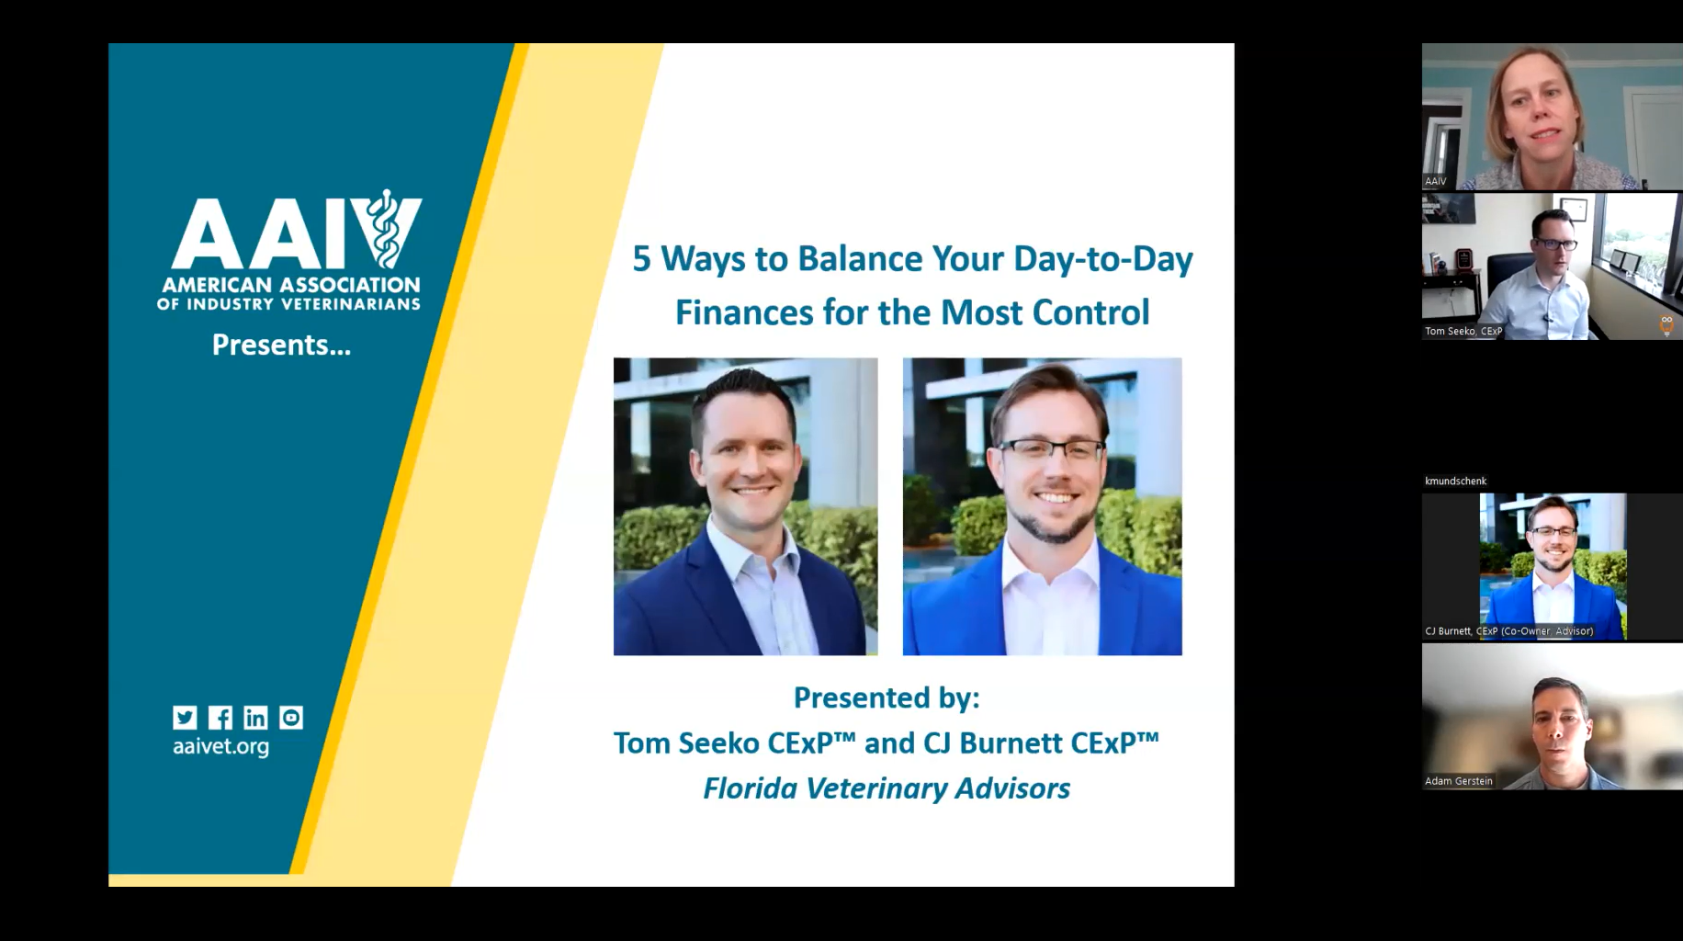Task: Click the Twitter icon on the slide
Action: [185, 718]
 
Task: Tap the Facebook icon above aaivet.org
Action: [220, 718]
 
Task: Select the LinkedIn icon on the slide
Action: [255, 718]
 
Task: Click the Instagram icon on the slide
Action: [291, 718]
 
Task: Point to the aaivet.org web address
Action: [220, 746]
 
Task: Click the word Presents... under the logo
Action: [281, 345]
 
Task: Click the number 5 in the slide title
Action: [641, 259]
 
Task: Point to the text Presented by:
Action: [887, 697]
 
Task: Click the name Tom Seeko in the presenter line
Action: [686, 743]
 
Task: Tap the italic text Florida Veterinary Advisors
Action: [887, 788]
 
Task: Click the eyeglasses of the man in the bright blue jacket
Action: [1052, 450]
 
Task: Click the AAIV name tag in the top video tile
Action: [1436, 181]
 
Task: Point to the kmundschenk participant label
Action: [1456, 481]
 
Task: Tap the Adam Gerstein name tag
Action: [1459, 781]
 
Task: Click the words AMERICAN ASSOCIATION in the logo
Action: [290, 285]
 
